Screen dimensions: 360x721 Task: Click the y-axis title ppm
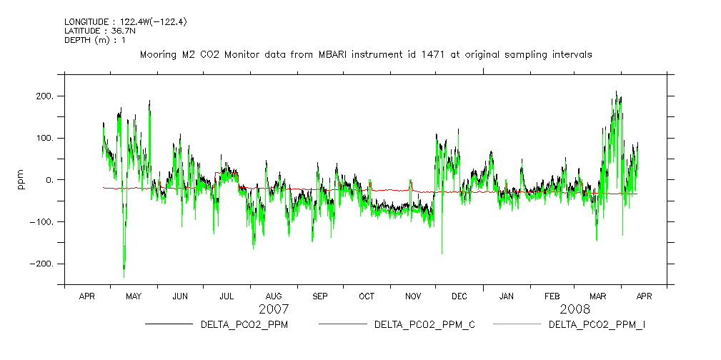[21, 179]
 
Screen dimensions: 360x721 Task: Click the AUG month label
[274, 296]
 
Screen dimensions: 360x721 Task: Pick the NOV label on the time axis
[413, 296]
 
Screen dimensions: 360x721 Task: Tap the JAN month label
[506, 296]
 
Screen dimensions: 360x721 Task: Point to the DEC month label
[459, 296]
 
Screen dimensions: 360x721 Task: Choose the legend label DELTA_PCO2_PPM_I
[597, 325]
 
